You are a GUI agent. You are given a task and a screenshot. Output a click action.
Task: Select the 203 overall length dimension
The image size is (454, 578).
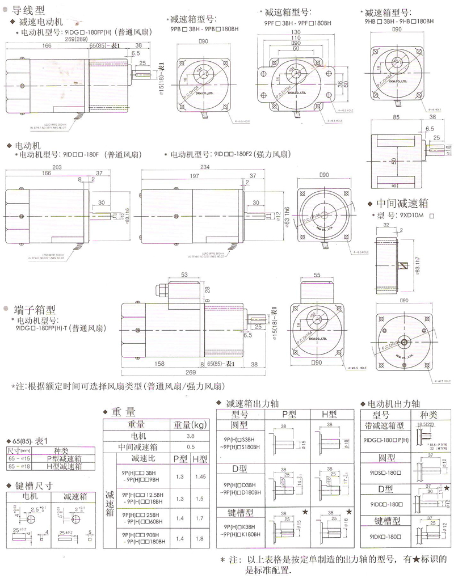(57, 166)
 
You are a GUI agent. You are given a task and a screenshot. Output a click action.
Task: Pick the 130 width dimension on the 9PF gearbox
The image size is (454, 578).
(296, 32)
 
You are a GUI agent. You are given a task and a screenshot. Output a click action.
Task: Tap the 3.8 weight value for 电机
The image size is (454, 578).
(191, 436)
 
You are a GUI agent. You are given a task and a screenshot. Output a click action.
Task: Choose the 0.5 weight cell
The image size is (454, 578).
(191, 446)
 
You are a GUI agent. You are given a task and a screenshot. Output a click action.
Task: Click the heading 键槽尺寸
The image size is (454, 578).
(36, 486)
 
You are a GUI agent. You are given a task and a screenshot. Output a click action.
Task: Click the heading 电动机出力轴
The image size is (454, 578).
(394, 404)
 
